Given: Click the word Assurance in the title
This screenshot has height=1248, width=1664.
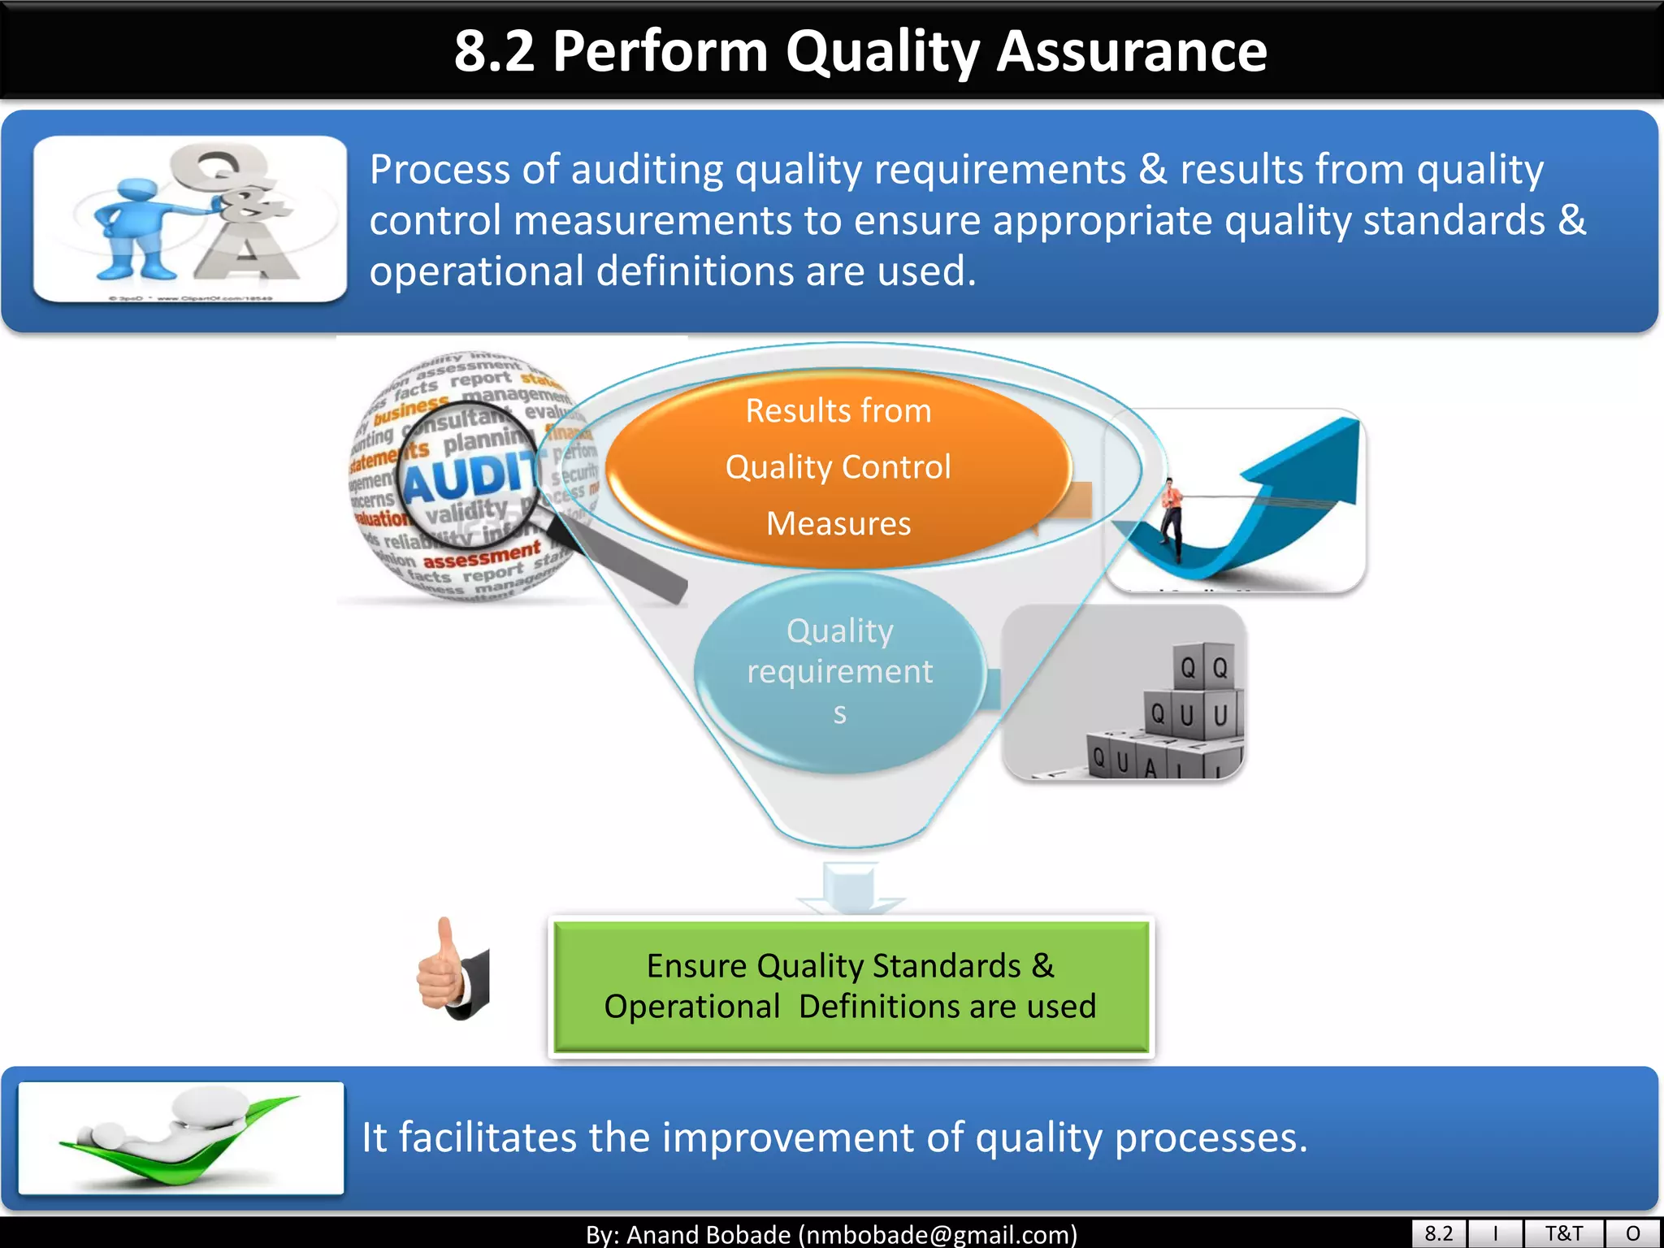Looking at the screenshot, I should click(x=1131, y=51).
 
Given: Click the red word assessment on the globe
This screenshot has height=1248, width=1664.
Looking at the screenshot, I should click(x=481, y=556).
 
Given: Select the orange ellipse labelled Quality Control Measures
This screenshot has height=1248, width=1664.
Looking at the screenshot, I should click(x=838, y=467).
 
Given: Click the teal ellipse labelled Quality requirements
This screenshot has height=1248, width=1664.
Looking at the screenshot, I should click(x=839, y=671).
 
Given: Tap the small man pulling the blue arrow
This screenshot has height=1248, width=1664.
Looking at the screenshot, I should click(x=1171, y=517).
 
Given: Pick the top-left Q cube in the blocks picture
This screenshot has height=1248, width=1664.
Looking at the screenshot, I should click(x=1188, y=668).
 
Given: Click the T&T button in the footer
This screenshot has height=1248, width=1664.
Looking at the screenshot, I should click(x=1563, y=1233).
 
